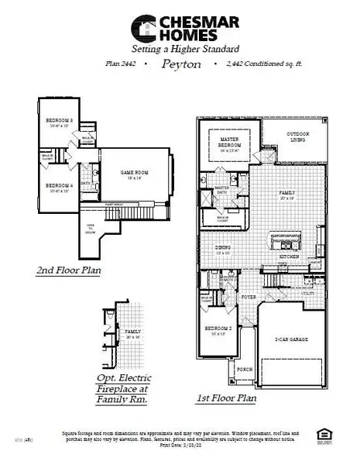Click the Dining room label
click(x=224, y=247)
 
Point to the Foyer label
click(x=248, y=297)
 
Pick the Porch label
click(x=245, y=369)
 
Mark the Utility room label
click(x=308, y=293)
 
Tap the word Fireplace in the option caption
click(x=124, y=388)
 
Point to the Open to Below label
click(x=92, y=230)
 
